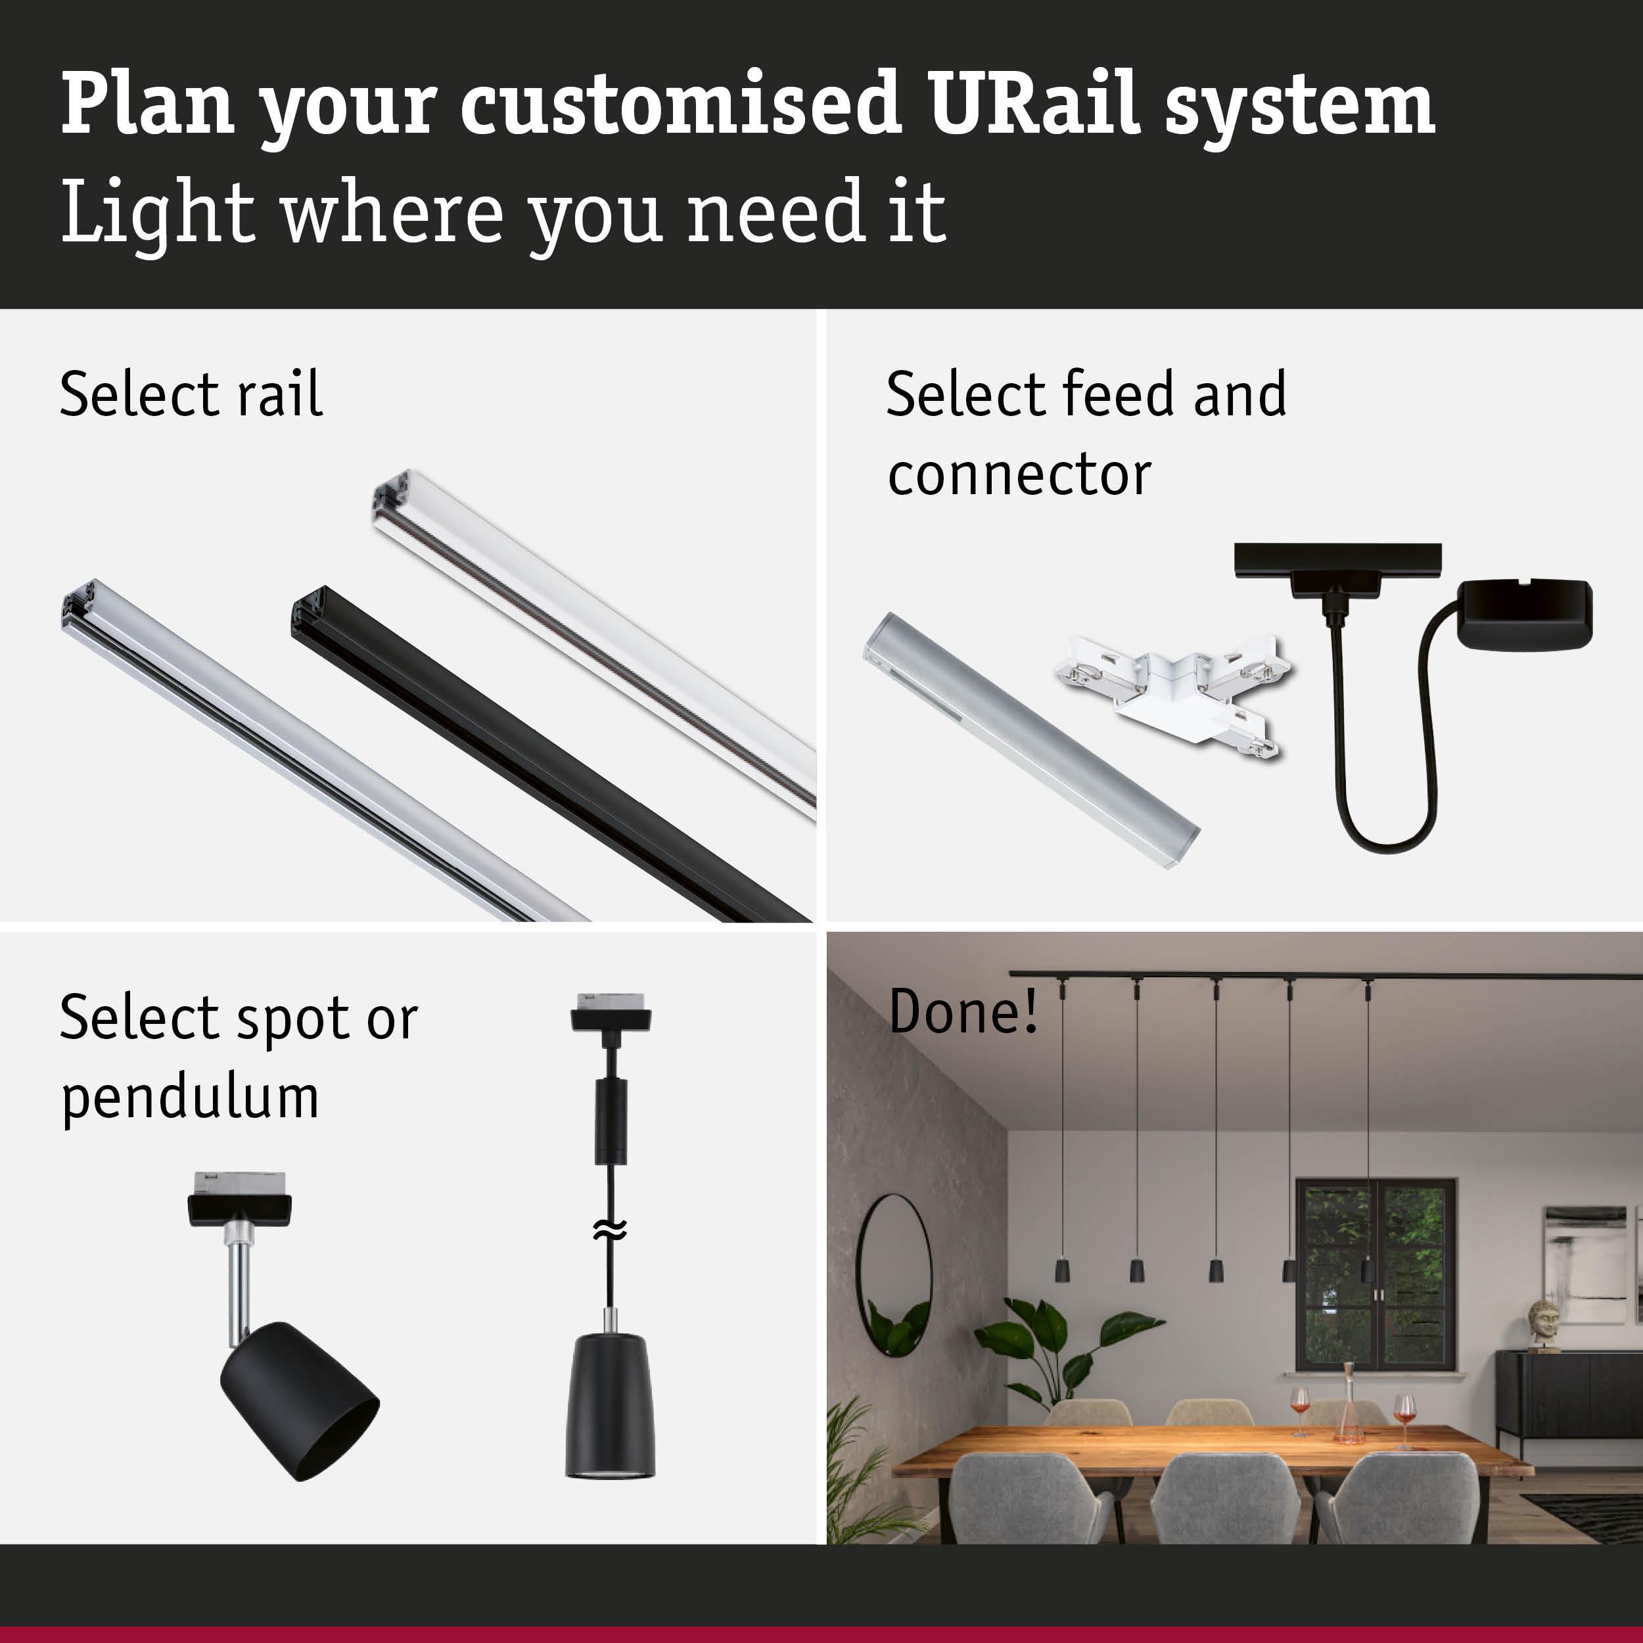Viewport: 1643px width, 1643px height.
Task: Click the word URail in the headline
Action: click(1034, 104)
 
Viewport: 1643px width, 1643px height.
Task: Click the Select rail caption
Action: click(191, 394)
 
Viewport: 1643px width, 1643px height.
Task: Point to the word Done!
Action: click(963, 1011)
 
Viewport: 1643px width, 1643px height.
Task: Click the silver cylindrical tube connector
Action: click(1030, 741)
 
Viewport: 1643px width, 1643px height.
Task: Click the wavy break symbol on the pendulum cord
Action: click(610, 1229)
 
